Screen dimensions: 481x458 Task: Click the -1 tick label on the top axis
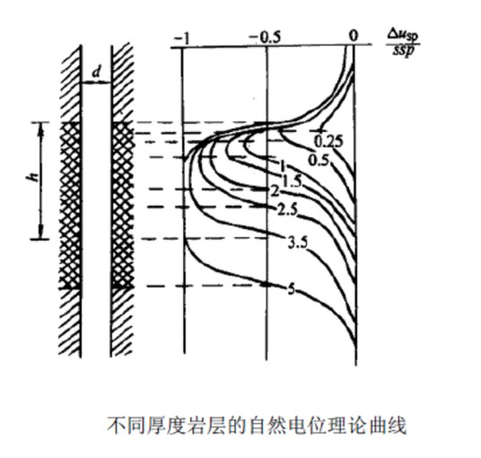(x=182, y=39)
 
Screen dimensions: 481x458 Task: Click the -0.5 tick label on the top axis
(x=265, y=38)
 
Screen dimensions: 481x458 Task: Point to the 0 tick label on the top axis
(x=354, y=35)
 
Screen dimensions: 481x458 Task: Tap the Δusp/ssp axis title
(x=403, y=43)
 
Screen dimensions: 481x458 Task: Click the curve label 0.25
(x=328, y=142)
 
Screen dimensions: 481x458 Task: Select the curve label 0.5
(x=319, y=160)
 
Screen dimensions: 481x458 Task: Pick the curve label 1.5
(x=292, y=181)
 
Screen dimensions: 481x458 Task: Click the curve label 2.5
(x=287, y=210)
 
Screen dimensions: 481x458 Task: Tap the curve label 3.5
(x=298, y=242)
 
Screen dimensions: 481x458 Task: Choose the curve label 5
(x=291, y=289)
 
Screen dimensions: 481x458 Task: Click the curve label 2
(x=275, y=191)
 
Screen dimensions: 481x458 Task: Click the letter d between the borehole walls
(x=97, y=73)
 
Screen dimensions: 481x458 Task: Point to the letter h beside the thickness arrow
(x=33, y=177)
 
